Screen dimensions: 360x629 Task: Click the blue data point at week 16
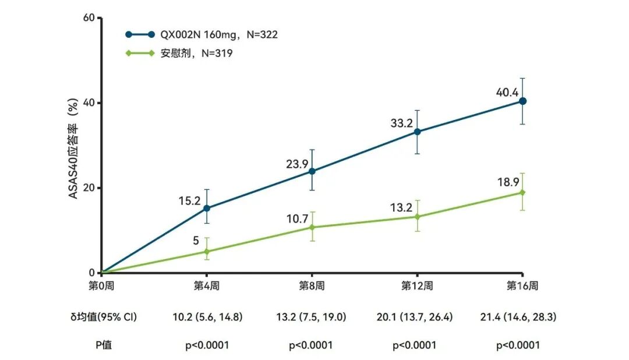(522, 101)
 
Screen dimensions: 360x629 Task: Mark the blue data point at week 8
(312, 171)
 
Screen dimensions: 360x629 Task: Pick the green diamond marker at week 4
(207, 252)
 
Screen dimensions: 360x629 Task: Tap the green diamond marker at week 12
(417, 217)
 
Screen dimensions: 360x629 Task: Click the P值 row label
(104, 345)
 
